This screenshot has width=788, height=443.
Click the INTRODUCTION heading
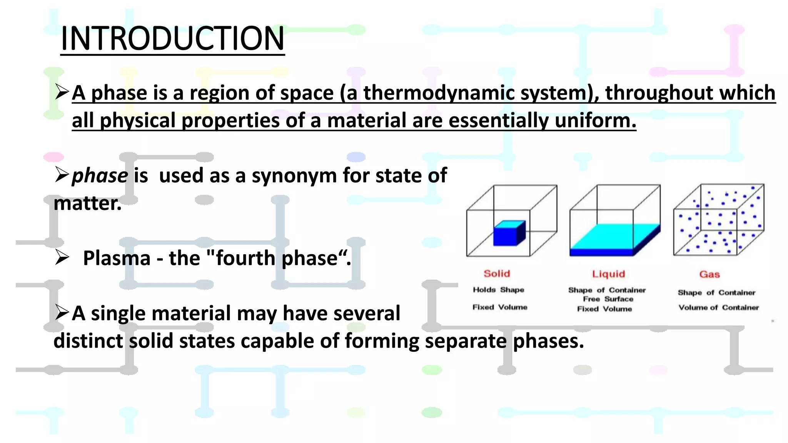click(x=172, y=39)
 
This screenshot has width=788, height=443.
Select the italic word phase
click(x=100, y=176)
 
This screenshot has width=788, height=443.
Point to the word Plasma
click(x=117, y=258)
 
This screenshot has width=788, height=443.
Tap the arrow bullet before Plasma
click(x=62, y=257)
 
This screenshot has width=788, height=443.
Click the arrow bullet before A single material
click(x=62, y=312)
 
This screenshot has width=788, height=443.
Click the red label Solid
click(x=497, y=274)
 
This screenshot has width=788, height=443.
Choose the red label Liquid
click(x=608, y=274)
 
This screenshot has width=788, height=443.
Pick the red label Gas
click(x=710, y=275)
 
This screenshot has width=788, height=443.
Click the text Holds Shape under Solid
click(x=498, y=290)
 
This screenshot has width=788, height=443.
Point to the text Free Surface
click(x=608, y=299)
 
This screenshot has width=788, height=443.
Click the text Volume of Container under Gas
click(x=718, y=308)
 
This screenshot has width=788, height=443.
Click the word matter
click(x=87, y=204)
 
